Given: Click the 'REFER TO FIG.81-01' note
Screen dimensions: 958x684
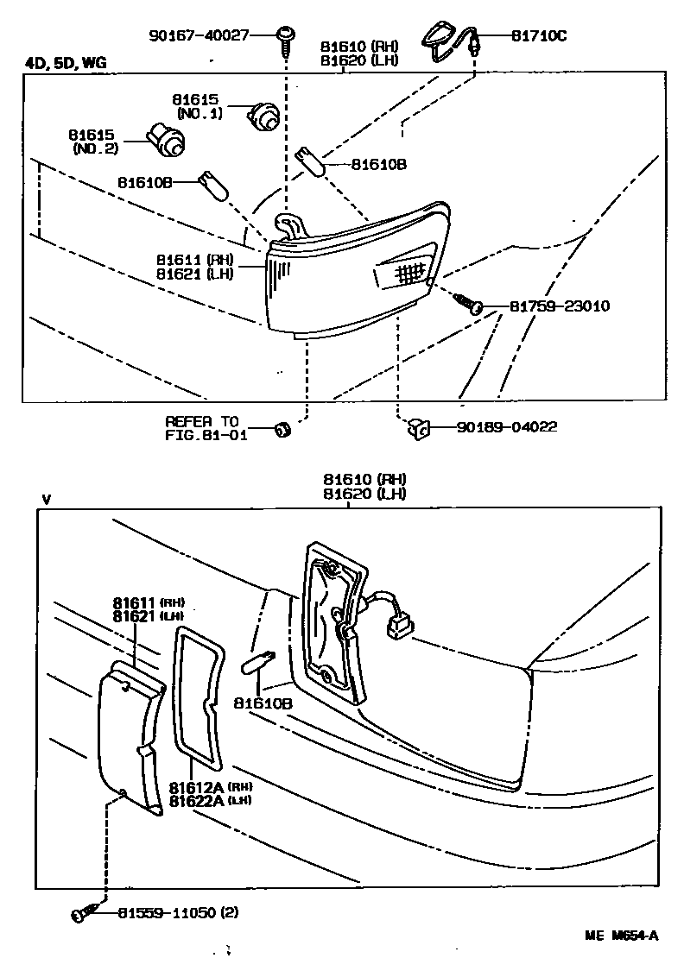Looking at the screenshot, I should [x=201, y=428].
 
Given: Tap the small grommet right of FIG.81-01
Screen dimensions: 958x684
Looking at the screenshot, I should [x=281, y=429].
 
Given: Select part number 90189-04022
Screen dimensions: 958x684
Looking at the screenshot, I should [x=495, y=426].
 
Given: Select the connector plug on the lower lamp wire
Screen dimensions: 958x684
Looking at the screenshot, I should [x=398, y=623].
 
